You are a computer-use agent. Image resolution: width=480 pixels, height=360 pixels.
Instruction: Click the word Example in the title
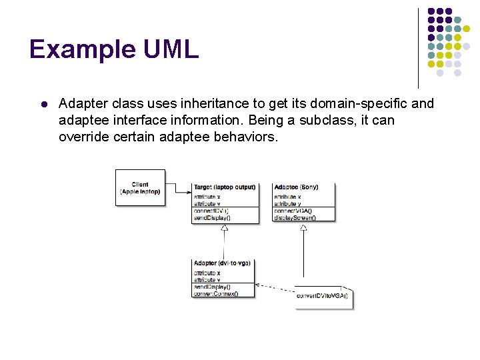(83, 50)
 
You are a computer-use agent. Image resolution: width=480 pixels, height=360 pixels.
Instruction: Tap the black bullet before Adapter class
(42, 105)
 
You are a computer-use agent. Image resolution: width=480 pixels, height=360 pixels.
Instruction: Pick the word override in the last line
(81, 137)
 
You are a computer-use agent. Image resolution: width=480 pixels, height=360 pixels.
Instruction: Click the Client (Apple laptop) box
(140, 188)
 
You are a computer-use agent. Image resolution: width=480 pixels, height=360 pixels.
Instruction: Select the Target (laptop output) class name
(225, 187)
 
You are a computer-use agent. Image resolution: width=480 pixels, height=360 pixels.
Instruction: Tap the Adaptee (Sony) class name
(296, 187)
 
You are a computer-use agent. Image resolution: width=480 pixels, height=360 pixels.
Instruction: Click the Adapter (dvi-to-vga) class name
(222, 263)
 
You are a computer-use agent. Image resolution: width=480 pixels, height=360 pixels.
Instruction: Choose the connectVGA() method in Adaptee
(293, 211)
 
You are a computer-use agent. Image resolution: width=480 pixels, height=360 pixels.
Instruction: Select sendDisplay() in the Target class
(212, 217)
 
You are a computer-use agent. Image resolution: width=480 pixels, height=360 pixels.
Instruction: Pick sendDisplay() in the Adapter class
(212, 287)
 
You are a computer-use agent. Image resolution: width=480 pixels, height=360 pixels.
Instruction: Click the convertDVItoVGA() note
(323, 295)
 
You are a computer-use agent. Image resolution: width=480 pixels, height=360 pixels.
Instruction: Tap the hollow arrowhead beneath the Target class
(225, 228)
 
